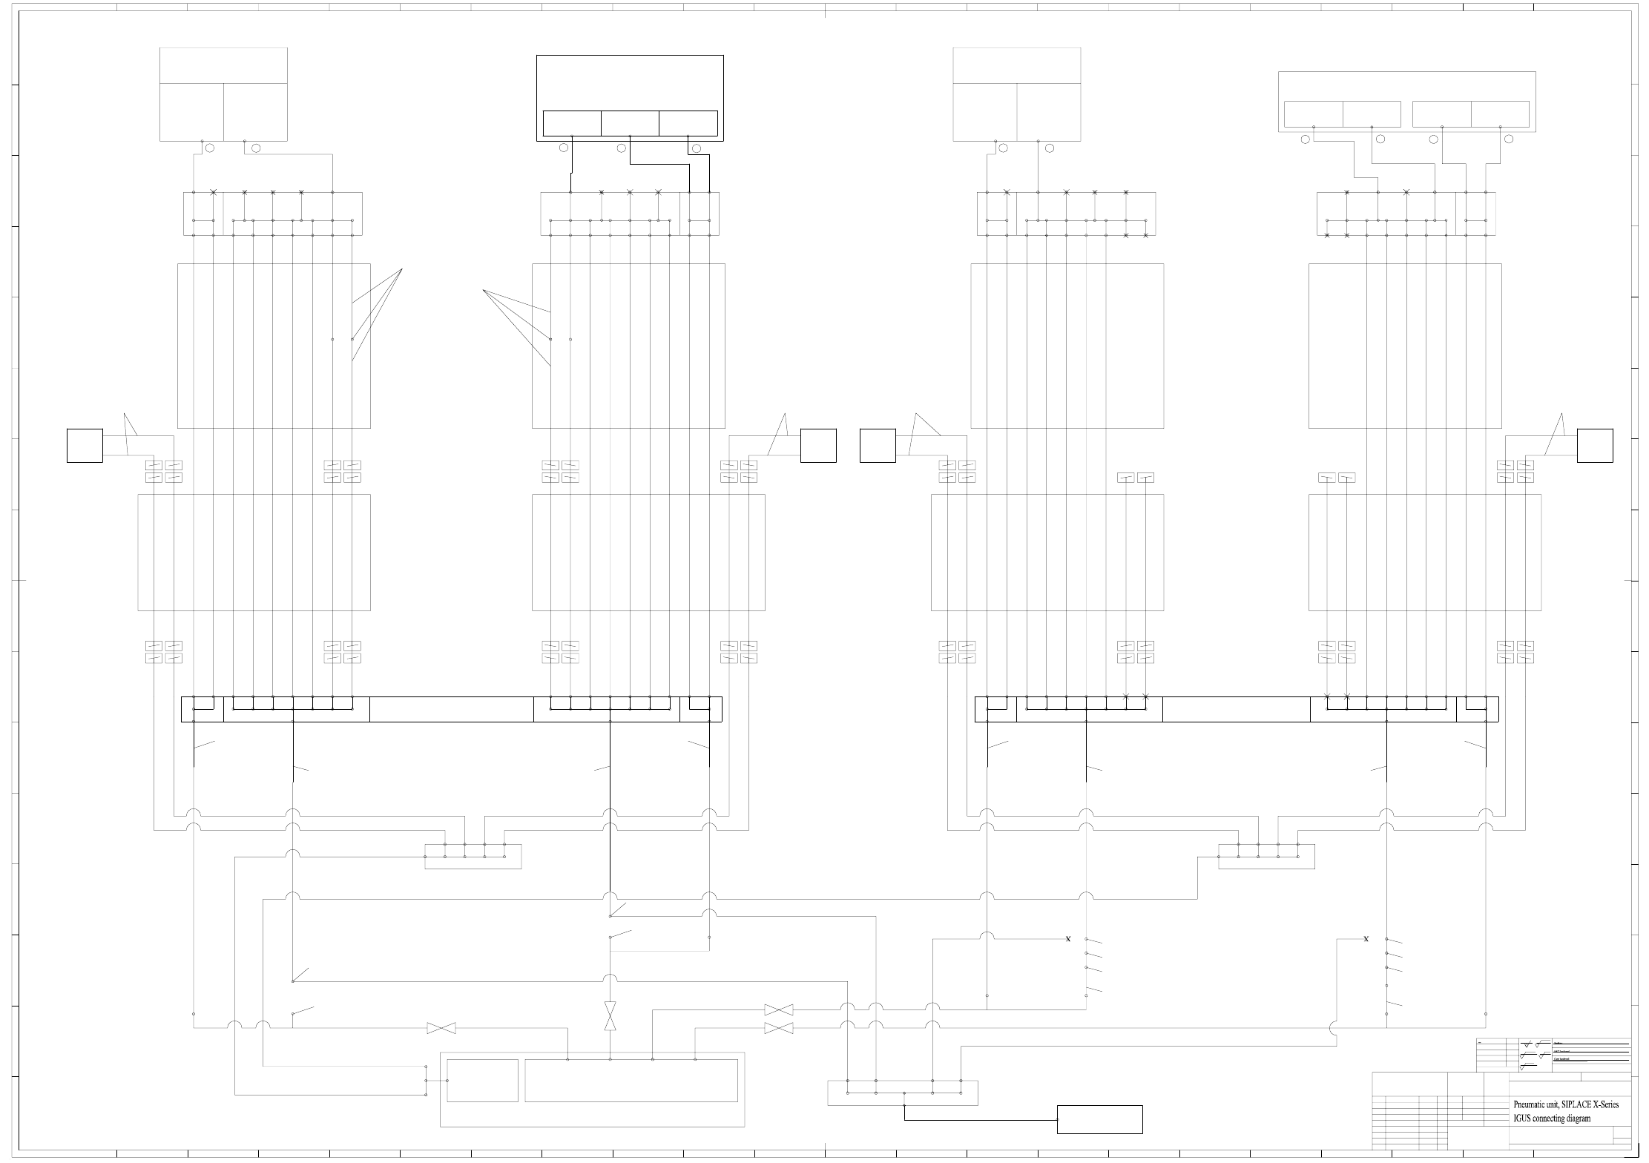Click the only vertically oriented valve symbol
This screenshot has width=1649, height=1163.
(610, 1015)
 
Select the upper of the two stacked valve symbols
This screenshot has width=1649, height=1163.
(779, 1009)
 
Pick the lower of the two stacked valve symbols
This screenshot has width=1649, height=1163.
(779, 1028)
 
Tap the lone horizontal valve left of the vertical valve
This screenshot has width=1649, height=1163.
(441, 1028)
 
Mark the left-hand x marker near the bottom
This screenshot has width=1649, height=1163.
(1068, 939)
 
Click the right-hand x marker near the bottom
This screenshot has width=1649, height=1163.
(1366, 939)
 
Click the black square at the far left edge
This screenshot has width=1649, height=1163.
(85, 446)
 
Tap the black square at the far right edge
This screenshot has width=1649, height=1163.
(1595, 446)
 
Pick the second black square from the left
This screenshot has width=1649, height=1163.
(818, 446)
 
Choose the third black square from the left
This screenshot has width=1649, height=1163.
(878, 446)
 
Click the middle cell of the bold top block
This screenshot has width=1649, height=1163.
(630, 123)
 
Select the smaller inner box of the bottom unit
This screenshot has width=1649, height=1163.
(482, 1081)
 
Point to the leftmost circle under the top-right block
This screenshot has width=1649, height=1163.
(1306, 139)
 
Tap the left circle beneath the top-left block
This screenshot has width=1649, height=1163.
(210, 148)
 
